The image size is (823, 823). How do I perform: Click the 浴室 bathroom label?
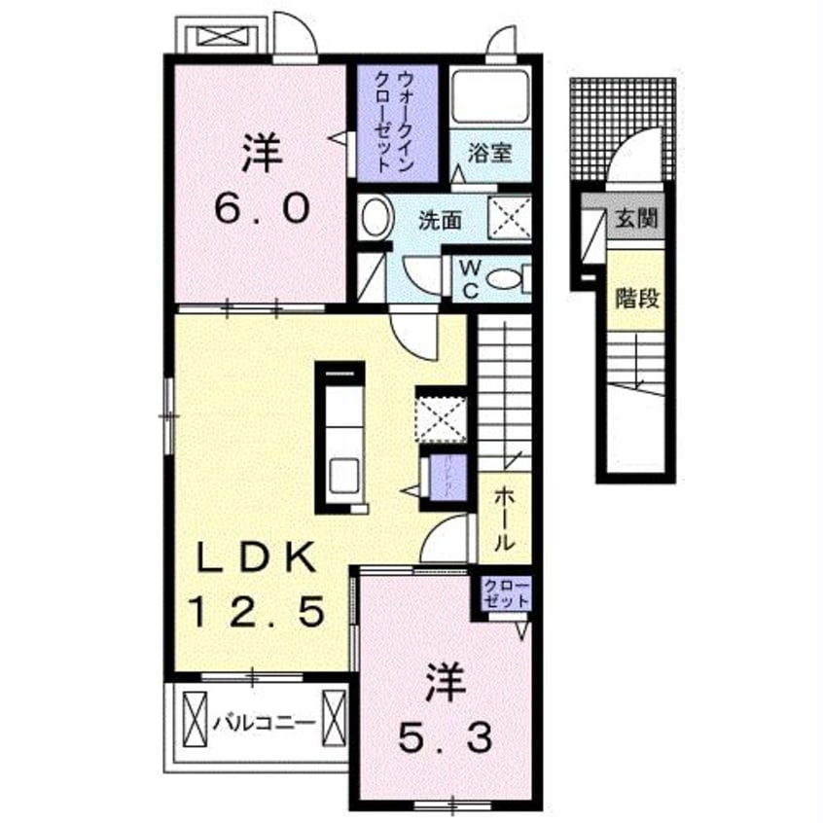(483, 154)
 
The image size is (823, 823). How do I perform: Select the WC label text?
(466, 278)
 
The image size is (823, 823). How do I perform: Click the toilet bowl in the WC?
(505, 280)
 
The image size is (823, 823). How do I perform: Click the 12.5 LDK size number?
(257, 613)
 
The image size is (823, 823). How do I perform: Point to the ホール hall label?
(504, 519)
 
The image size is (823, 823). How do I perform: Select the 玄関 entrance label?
(636, 217)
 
